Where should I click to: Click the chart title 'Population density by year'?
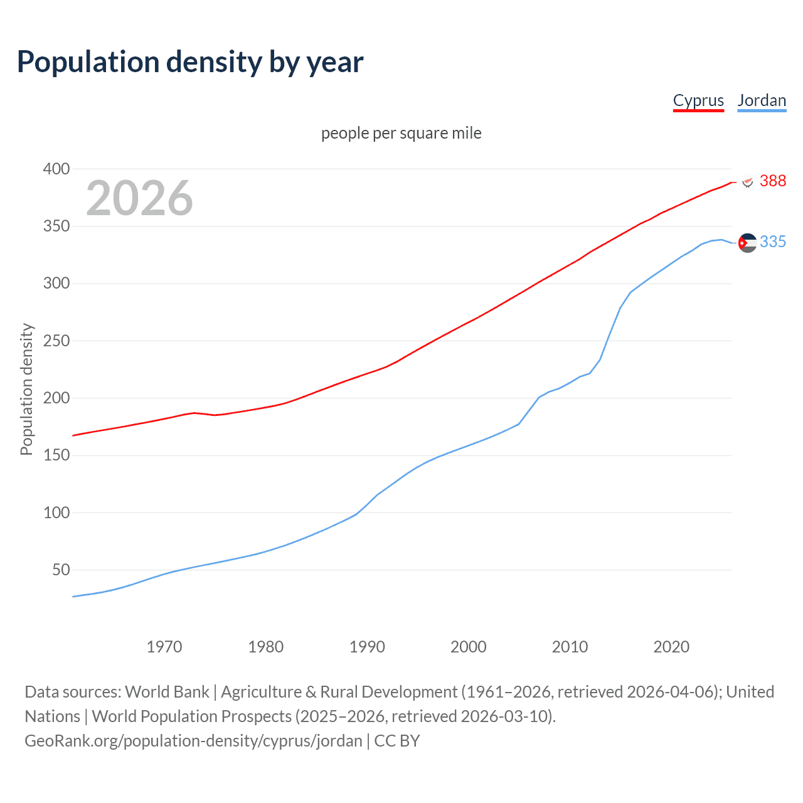tap(190, 62)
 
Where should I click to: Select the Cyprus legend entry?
tap(698, 100)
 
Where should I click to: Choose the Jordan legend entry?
tap(762, 100)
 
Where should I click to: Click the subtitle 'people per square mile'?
tap(401, 133)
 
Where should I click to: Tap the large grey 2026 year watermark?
tap(139, 198)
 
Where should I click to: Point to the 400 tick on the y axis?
tap(56, 169)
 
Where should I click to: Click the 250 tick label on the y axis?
tap(56, 341)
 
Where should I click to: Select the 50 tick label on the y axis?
tap(61, 570)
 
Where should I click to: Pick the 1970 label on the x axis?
tap(164, 647)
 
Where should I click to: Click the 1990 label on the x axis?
tap(367, 647)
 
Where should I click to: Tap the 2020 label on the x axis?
tap(671, 647)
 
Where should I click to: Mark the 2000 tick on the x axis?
tap(469, 647)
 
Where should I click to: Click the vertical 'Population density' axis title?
tap(26, 389)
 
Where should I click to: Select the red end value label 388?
tap(772, 181)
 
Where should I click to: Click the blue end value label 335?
tap(772, 242)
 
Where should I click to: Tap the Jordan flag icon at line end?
tap(747, 243)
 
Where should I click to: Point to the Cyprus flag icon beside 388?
tap(747, 182)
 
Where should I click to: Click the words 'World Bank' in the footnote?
tap(167, 691)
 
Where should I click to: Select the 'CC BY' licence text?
tap(397, 740)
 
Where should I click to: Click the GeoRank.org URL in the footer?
tap(193, 740)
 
